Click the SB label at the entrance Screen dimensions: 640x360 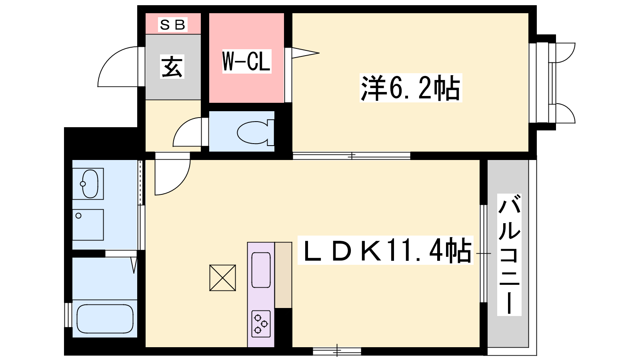coord(172,24)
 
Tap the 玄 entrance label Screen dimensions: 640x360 coord(172,66)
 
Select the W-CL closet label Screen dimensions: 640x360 coord(246,62)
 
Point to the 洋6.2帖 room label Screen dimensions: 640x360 coord(410,88)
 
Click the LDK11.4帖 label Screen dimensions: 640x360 coord(386,250)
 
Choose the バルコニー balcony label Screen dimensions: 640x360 coord(509,254)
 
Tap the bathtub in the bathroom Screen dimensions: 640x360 coord(105,318)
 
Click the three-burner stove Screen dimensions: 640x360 coord(261,324)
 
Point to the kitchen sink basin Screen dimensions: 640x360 coord(261,270)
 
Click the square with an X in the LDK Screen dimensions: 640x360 coord(222,278)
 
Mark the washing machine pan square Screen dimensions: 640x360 coord(88,225)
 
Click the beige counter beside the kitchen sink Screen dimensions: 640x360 coord(283,275)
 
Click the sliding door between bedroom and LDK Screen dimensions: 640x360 coord(352,156)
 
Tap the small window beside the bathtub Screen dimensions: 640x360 coord(68,314)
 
